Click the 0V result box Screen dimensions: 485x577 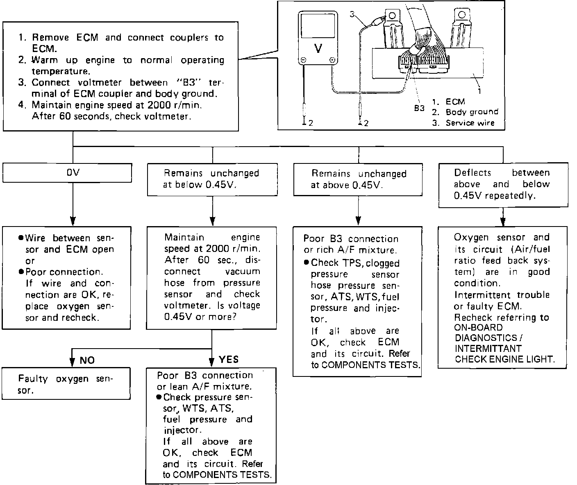click(x=67, y=173)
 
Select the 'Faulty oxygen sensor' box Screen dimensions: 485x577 click(x=66, y=383)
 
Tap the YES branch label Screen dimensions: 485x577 click(x=229, y=359)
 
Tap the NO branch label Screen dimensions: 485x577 click(x=87, y=360)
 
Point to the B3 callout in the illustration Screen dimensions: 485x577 click(x=419, y=108)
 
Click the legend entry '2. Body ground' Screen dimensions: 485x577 click(x=465, y=112)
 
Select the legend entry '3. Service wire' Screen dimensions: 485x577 click(x=463, y=122)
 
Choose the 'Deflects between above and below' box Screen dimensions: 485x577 click(x=503, y=185)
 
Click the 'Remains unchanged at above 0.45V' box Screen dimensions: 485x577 click(x=358, y=179)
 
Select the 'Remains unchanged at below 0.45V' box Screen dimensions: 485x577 click(x=212, y=179)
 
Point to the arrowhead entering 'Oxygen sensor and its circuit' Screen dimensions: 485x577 click(x=503, y=220)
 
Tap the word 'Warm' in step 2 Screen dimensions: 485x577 click(x=45, y=60)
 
